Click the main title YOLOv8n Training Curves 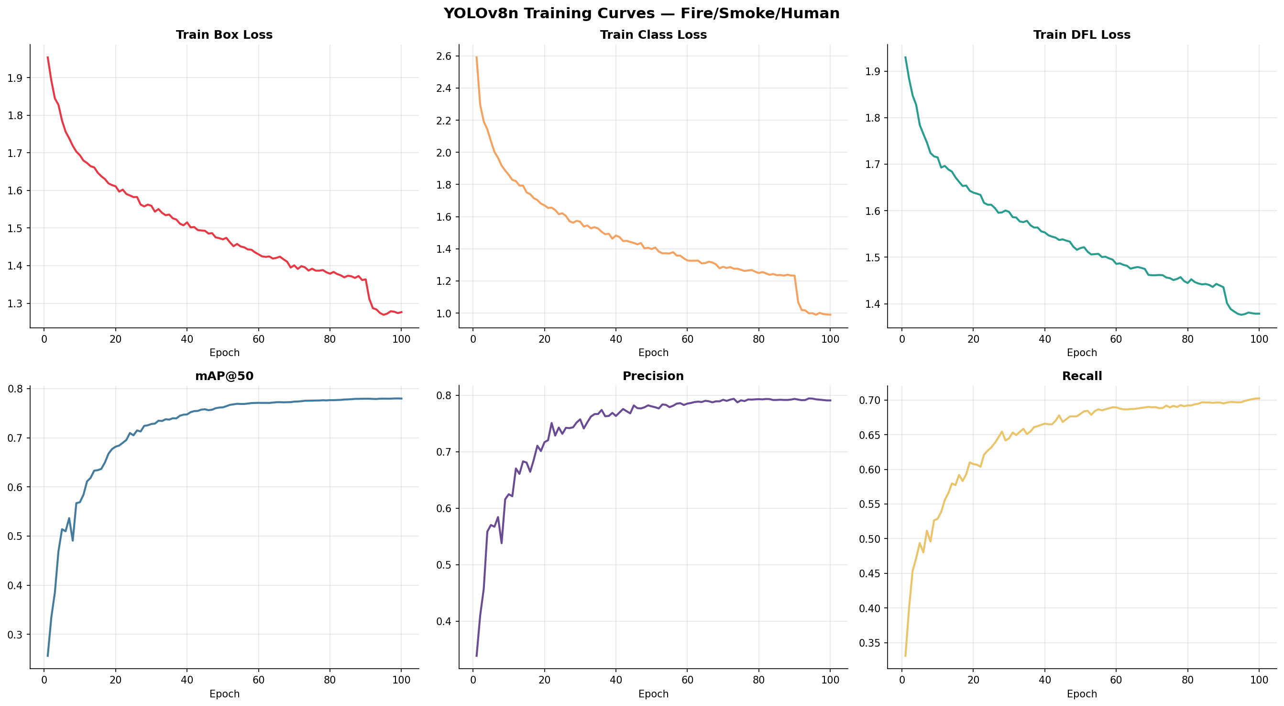(641, 13)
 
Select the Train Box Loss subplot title (224, 34)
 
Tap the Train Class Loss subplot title (653, 34)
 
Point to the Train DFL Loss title (1082, 34)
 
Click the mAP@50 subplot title (224, 376)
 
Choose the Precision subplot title (653, 376)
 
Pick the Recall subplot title (1082, 376)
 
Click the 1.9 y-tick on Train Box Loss (15, 78)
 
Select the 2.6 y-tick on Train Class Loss (444, 56)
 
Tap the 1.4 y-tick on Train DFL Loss (872, 304)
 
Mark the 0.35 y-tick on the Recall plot (869, 643)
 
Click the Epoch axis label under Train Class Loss (653, 353)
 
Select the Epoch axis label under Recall (1082, 694)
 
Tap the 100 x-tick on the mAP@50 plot (401, 680)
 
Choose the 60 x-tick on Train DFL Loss (1116, 339)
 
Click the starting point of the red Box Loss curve (47, 57)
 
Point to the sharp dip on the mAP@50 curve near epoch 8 (73, 540)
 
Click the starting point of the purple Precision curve (476, 656)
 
